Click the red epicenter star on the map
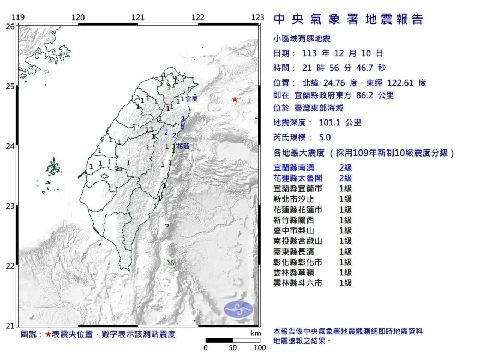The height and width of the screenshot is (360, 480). (x=235, y=99)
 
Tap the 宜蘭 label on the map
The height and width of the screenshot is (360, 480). (x=191, y=99)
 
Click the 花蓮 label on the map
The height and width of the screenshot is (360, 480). (x=183, y=146)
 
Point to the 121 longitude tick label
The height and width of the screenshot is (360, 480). (x=138, y=17)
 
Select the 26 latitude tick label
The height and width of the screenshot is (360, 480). (x=10, y=26)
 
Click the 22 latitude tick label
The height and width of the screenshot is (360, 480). (x=10, y=266)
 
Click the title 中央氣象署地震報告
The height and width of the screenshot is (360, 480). (x=348, y=20)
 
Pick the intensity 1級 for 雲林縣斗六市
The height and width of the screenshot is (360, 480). (x=345, y=283)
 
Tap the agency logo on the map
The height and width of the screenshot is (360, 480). (x=238, y=309)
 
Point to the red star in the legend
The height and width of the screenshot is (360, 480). (x=48, y=334)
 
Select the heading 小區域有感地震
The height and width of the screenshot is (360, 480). (x=302, y=39)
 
